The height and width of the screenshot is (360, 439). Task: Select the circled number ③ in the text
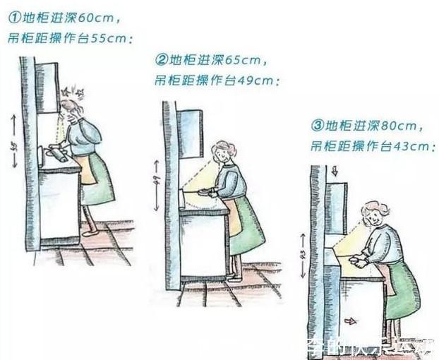pyautogui.click(x=317, y=126)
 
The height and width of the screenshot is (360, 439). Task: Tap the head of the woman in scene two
pyautogui.click(x=224, y=150)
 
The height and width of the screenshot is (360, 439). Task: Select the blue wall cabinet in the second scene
pyautogui.click(x=190, y=133)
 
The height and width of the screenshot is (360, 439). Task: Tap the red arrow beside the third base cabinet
pyautogui.click(x=348, y=320)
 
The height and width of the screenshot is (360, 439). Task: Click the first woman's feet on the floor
pyautogui.click(x=89, y=232)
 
